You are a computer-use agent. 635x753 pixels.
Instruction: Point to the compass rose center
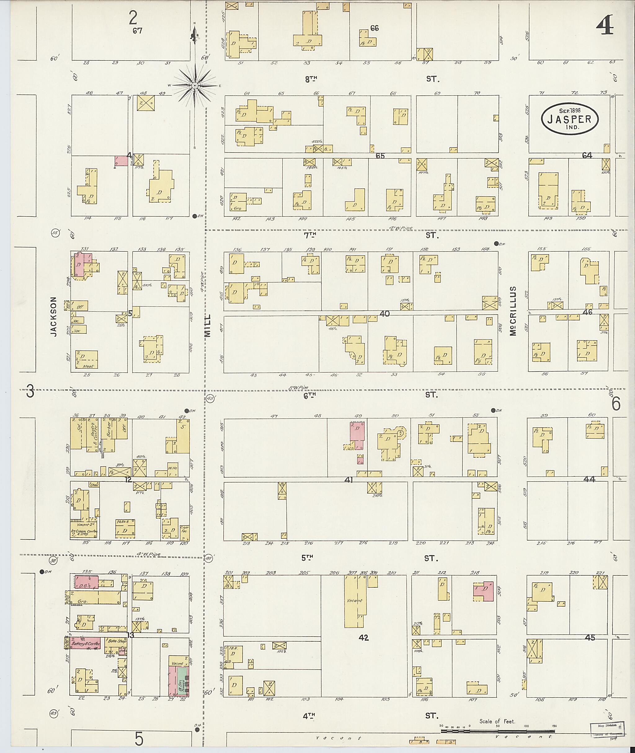click(195, 85)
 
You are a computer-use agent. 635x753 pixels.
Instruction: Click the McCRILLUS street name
click(513, 311)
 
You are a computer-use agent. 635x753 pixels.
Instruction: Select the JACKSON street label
click(54, 317)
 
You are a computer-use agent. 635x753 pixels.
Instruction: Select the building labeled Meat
click(87, 359)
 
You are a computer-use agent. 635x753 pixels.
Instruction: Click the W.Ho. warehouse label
click(172, 469)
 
